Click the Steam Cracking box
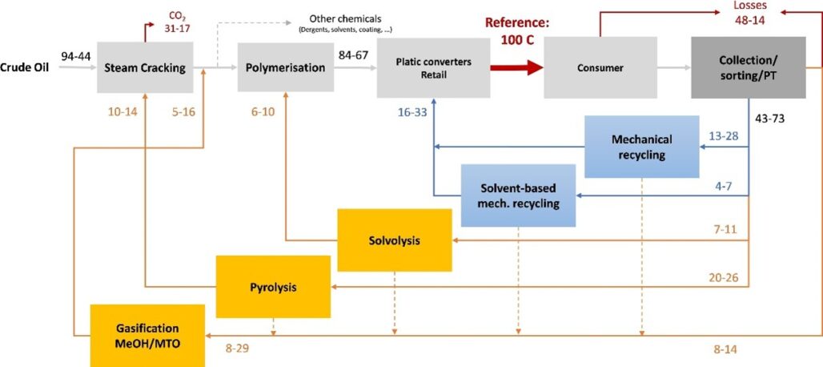pyautogui.click(x=147, y=67)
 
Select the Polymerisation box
pyautogui.click(x=285, y=67)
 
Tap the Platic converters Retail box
pyautogui.click(x=434, y=67)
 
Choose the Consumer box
pyautogui.click(x=600, y=67)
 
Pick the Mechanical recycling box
pyautogui.click(x=641, y=147)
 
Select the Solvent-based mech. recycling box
pyautogui.click(x=518, y=196)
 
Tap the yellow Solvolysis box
pyautogui.click(x=394, y=240)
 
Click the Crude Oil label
pyautogui.click(x=25, y=68)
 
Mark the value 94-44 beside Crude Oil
pyautogui.click(x=77, y=55)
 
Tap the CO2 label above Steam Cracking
pyautogui.click(x=177, y=21)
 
